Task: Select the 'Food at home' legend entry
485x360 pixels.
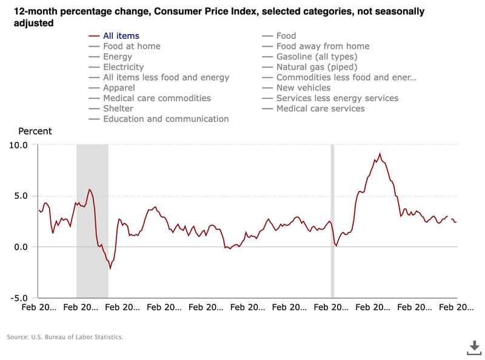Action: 132,47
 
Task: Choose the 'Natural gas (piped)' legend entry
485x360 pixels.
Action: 316,67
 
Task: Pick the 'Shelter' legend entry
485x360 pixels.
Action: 118,108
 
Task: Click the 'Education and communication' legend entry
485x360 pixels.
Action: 166,119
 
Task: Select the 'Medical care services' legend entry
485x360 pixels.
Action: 320,108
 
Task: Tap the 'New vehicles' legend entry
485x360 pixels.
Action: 303,88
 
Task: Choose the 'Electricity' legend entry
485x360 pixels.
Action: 123,67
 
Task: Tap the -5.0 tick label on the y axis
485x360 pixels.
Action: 18,298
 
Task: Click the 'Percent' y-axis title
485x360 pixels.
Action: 35,131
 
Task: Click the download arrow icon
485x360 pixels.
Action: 473,346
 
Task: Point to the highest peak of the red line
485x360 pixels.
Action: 380,154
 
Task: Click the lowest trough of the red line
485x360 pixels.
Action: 110,268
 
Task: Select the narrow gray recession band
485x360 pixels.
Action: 332,221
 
